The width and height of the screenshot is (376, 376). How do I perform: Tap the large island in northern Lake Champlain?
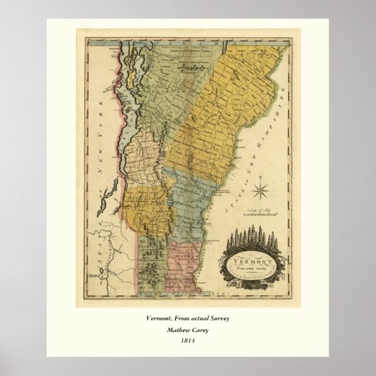129,64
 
